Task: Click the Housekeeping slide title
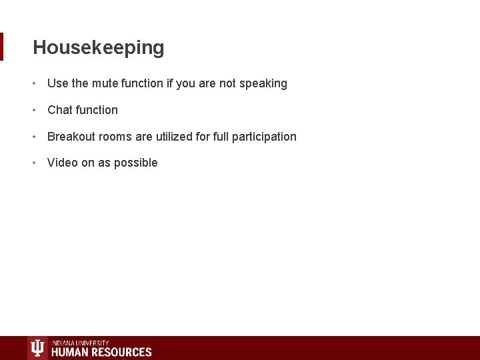tap(98, 48)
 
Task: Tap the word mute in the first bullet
tap(105, 83)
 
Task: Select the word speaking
tap(263, 83)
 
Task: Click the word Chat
tap(59, 110)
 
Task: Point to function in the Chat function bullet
tap(96, 110)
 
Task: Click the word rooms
tap(115, 137)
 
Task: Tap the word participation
tap(264, 137)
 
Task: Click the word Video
tap(63, 163)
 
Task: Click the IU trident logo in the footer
tap(38, 348)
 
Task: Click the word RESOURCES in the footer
tap(123, 352)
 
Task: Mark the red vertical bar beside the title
tap(2, 47)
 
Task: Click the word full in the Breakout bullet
tap(221, 137)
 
